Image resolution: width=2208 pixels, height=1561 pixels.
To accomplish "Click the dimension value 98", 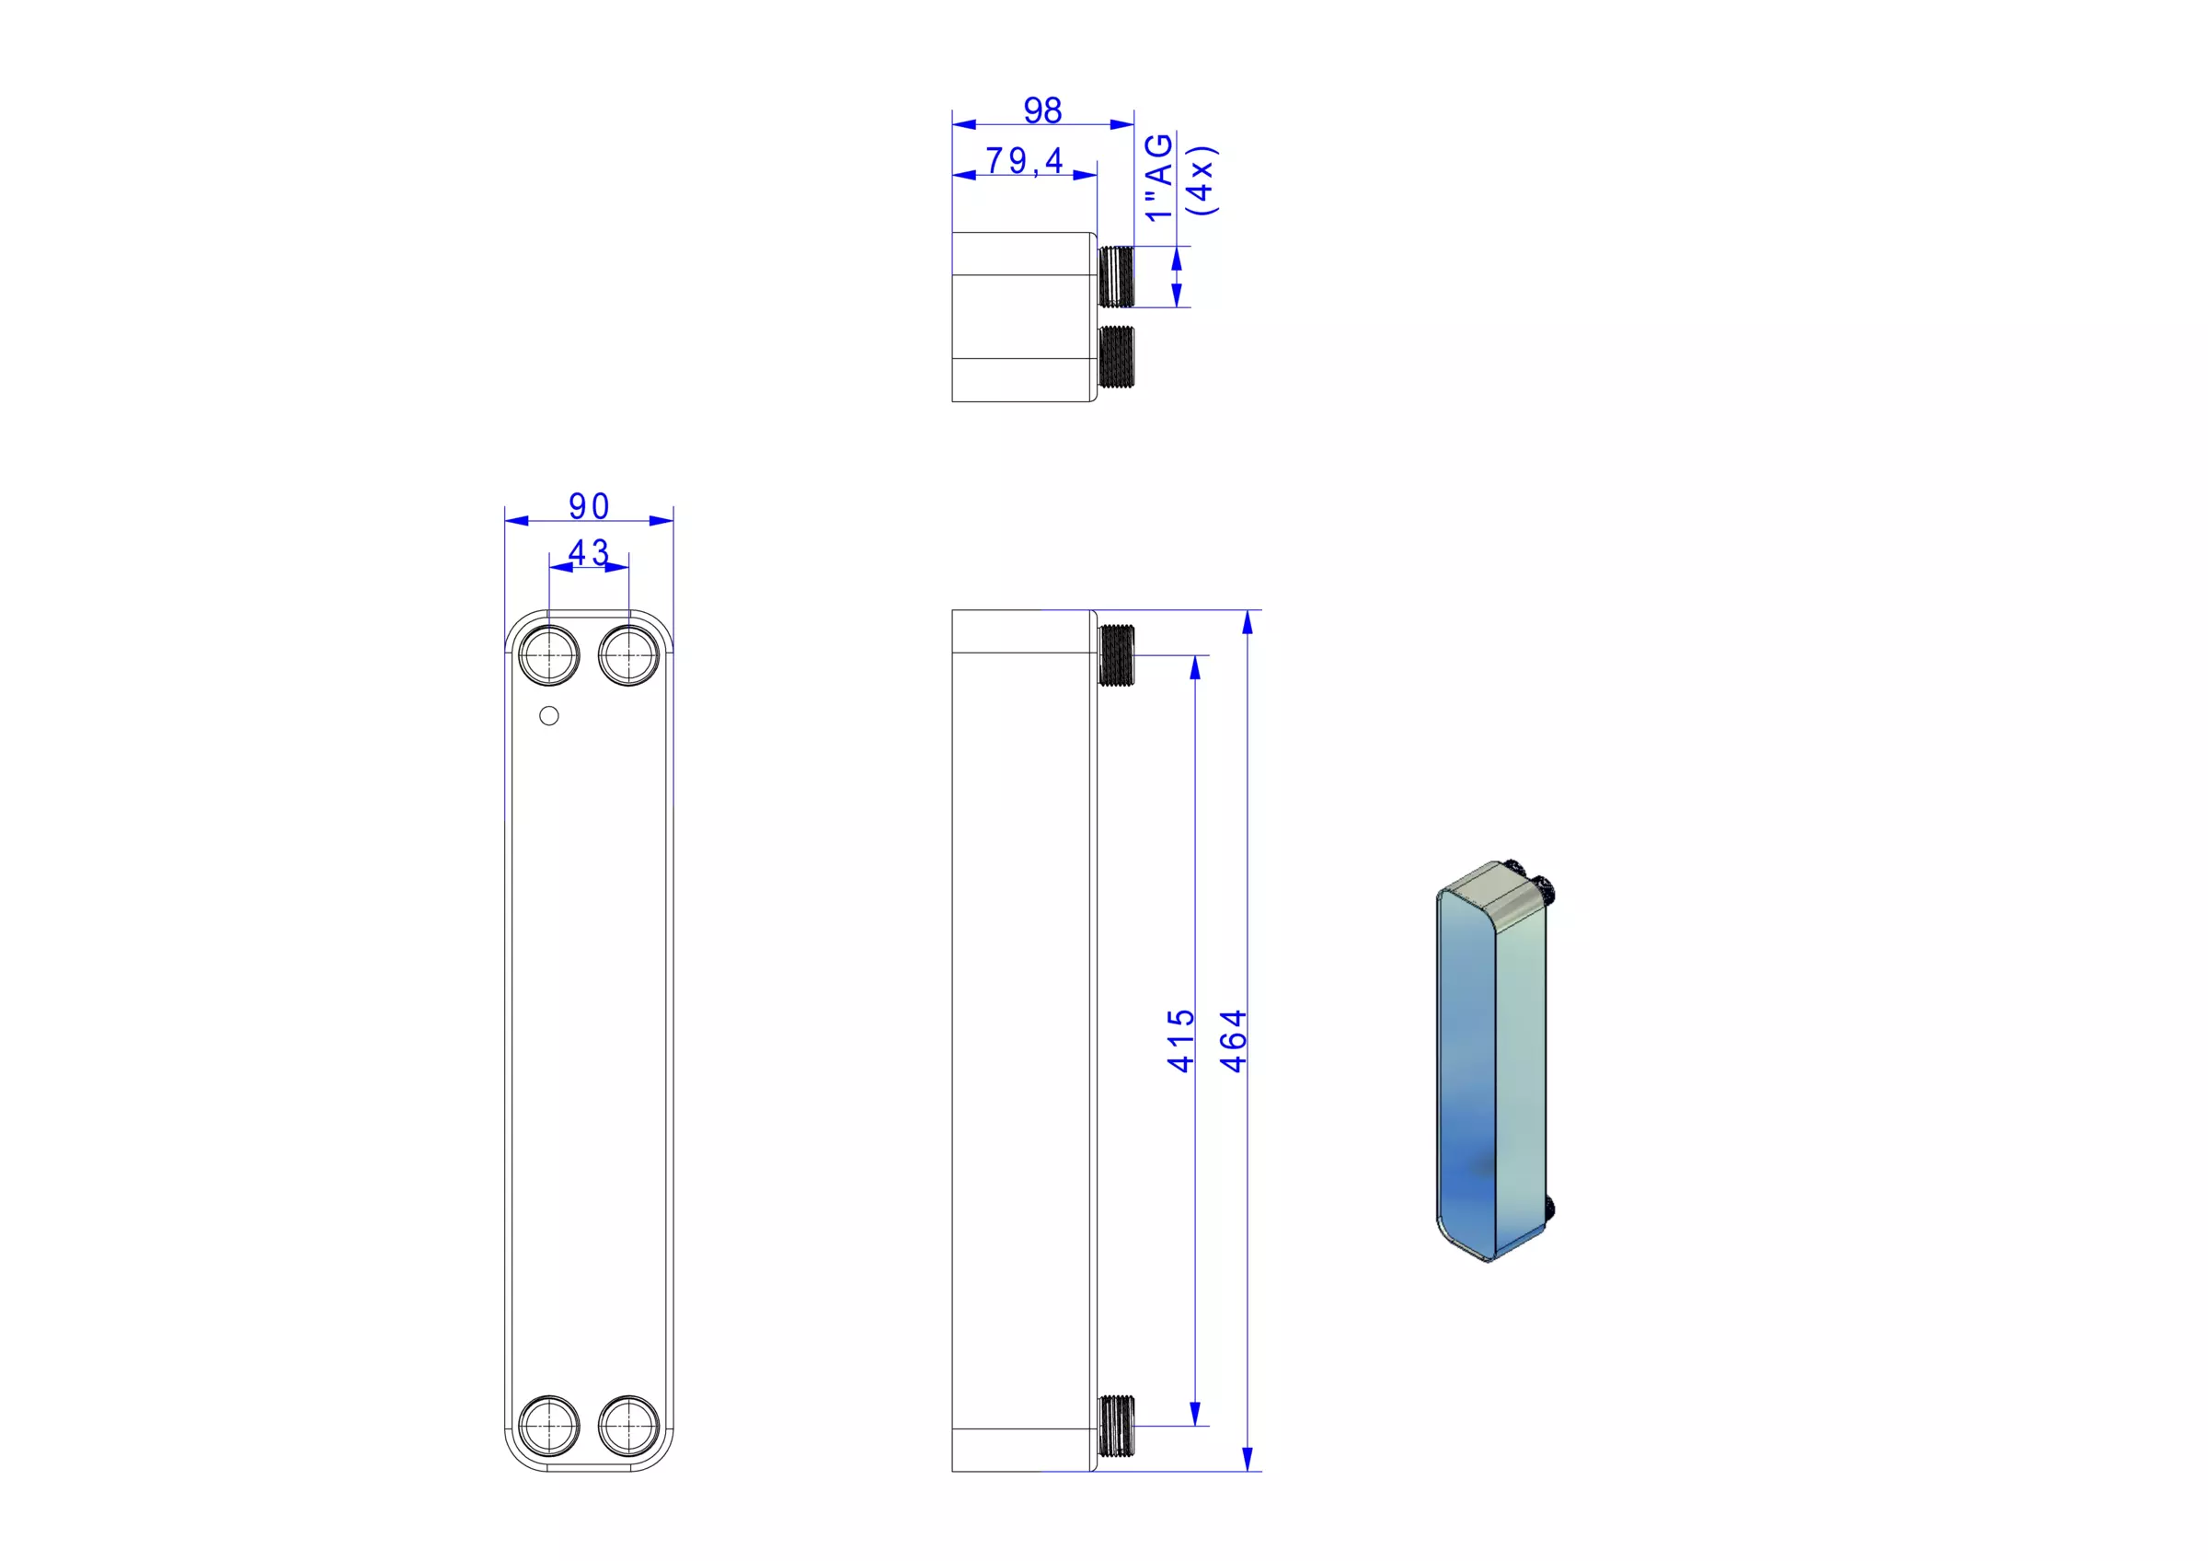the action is pyautogui.click(x=1042, y=110).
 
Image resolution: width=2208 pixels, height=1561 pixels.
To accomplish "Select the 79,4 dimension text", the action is pyautogui.click(x=1025, y=161).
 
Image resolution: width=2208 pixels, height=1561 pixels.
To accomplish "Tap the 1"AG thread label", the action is pyautogui.click(x=1160, y=177).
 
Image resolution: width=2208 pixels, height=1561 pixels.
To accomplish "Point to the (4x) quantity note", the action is pyautogui.click(x=1202, y=179).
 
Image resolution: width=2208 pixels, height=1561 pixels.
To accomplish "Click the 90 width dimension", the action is pyautogui.click(x=589, y=506).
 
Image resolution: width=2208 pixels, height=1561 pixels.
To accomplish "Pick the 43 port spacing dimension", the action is pyautogui.click(x=589, y=552).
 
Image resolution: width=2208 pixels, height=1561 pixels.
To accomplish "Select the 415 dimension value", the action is pyautogui.click(x=1180, y=1041).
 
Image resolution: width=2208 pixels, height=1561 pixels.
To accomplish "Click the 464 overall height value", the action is pyautogui.click(x=1233, y=1041).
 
